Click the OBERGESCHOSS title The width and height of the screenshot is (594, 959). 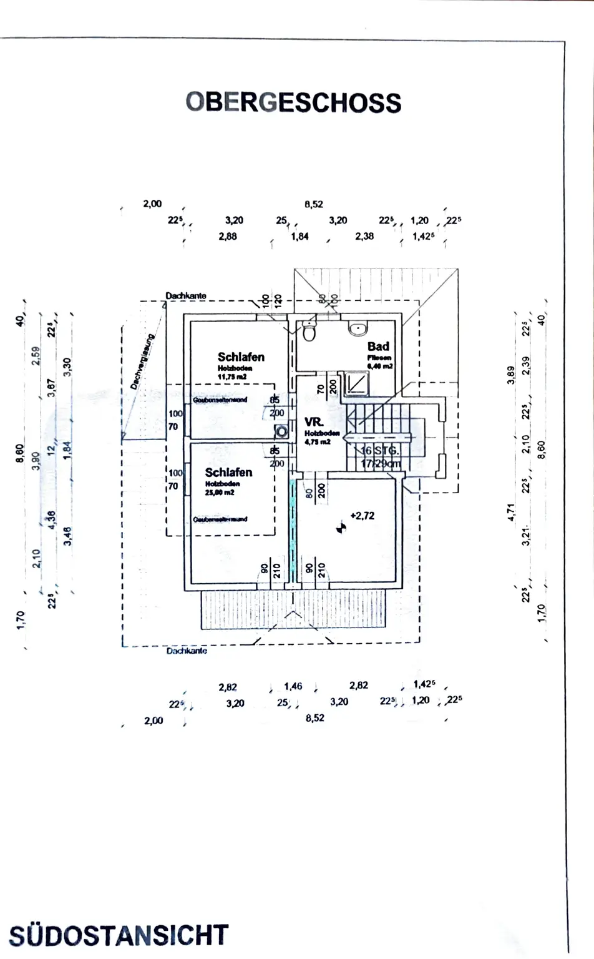coord(293,103)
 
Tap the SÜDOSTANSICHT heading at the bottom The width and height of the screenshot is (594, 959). coord(119,935)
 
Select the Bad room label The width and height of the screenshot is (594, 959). coord(378,347)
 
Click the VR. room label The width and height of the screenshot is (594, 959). coord(314,422)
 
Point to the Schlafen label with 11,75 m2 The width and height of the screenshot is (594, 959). coord(241,357)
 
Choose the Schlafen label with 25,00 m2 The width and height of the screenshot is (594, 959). coord(228,473)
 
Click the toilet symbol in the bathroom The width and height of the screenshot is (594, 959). coord(309,333)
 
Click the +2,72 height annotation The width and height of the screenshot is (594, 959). coord(363,516)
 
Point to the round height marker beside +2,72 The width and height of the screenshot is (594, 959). coord(341,528)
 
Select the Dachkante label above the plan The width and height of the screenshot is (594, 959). coord(185,295)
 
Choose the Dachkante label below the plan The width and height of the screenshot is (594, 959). coord(187,651)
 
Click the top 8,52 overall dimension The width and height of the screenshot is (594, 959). coord(314,204)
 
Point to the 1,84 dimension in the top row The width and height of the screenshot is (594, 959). coord(299,237)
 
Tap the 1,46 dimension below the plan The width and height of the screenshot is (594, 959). coord(293,686)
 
